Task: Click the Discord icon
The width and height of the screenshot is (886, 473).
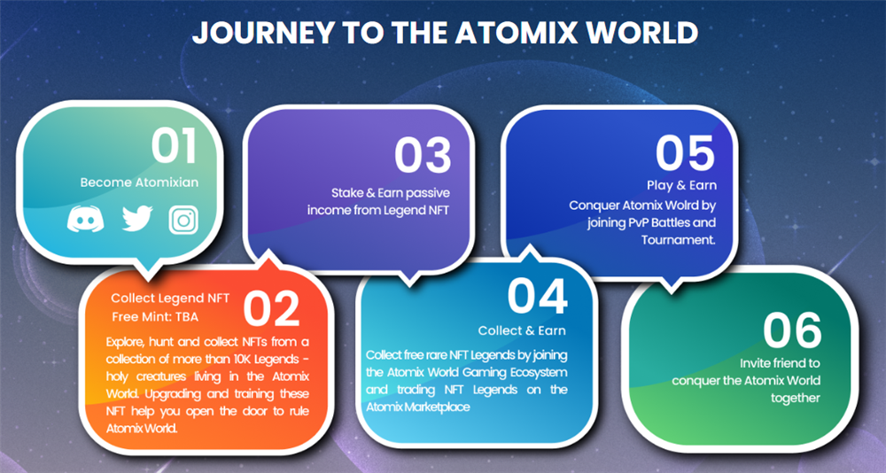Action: [x=85, y=220]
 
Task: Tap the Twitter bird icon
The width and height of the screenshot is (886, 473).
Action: [x=137, y=219]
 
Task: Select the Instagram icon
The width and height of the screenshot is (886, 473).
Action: [x=183, y=220]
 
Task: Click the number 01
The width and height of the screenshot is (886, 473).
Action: [x=174, y=146]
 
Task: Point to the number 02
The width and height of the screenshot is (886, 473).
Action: [x=271, y=309]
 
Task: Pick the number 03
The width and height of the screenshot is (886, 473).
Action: [x=423, y=155]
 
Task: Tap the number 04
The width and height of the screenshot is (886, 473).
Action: [x=537, y=297]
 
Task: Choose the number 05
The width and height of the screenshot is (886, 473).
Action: [x=686, y=154]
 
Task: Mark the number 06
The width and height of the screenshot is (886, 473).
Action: [x=792, y=331]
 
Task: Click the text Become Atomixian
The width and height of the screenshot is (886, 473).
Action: [x=140, y=182]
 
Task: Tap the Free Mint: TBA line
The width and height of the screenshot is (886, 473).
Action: [x=155, y=316]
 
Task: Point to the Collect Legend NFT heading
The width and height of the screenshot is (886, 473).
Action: [x=170, y=299]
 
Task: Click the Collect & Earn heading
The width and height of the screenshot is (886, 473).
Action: [x=522, y=330]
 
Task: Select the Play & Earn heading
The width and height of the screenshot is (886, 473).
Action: [x=681, y=185]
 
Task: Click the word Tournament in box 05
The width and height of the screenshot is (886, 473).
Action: [x=678, y=240]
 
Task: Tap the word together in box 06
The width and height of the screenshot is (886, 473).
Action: [x=796, y=399]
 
